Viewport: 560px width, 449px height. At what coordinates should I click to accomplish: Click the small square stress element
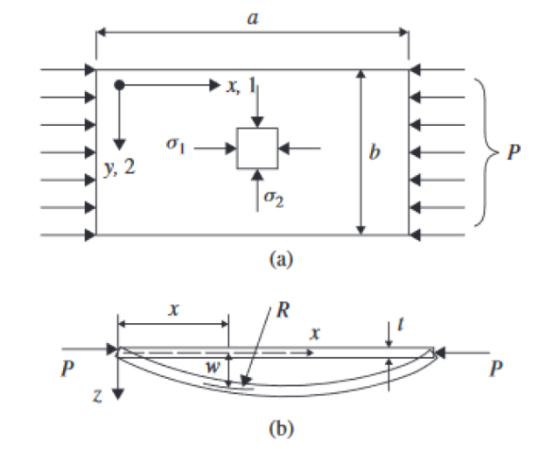coord(257,148)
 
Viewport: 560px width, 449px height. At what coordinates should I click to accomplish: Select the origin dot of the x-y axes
coord(120,86)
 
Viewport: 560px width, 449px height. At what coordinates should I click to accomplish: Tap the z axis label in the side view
coord(102,394)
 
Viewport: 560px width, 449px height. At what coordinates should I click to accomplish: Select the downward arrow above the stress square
coord(256,107)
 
